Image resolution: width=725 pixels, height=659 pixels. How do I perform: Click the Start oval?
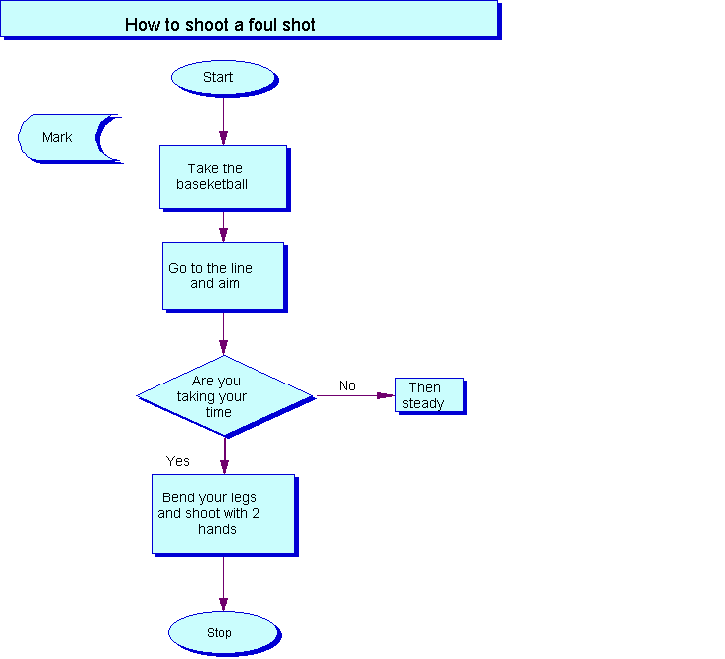pos(225,78)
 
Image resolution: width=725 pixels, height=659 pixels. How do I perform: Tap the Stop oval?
pos(225,633)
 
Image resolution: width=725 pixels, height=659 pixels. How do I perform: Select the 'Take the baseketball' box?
pos(225,178)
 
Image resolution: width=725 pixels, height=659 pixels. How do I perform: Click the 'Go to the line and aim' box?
pos(225,276)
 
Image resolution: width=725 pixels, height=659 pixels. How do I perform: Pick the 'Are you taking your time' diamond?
pos(226,396)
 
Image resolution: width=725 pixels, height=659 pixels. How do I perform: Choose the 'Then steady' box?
pos(431,396)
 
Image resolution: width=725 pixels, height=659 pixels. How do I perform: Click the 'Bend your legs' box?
pos(225,514)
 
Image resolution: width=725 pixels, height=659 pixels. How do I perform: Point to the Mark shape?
pos(69,139)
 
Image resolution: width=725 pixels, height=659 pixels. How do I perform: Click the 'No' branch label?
pos(347,385)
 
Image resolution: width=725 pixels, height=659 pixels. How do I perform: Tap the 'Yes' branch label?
pos(178,461)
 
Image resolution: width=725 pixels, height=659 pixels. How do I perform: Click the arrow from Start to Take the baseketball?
pos(223,121)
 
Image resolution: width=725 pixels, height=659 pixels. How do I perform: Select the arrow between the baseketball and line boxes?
pos(223,227)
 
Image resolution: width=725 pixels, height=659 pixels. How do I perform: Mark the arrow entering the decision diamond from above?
pos(223,334)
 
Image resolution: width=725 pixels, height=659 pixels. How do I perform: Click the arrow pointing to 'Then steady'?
pos(356,395)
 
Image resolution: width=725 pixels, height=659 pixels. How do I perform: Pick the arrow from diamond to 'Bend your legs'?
pos(225,456)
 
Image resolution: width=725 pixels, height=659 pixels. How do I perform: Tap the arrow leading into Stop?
pos(223,584)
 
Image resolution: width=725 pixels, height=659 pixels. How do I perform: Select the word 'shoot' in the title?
pos(208,25)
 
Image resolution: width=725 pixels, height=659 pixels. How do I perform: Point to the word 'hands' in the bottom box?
pos(217,529)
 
